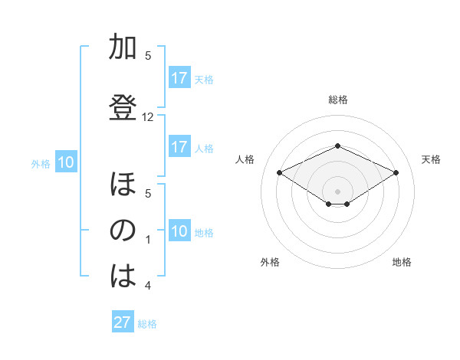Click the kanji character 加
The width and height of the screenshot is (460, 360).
click(x=122, y=47)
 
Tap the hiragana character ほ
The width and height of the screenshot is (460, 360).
click(x=122, y=186)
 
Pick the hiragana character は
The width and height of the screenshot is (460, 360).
click(x=122, y=277)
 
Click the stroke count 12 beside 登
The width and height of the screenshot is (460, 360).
click(x=148, y=117)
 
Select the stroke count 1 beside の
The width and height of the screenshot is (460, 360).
click(x=148, y=240)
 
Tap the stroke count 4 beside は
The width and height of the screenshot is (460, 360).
click(x=148, y=286)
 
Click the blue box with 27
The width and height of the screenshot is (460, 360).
click(x=123, y=322)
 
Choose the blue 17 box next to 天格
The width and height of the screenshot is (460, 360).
click(x=179, y=78)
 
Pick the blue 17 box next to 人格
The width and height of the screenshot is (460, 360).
click(x=179, y=147)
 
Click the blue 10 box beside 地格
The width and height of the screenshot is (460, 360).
click(x=179, y=231)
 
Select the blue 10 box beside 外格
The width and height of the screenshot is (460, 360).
click(x=66, y=162)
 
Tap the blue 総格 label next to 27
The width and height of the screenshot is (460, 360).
click(x=147, y=324)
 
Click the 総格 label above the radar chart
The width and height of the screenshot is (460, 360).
click(x=337, y=100)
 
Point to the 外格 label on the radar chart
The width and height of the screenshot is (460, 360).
click(x=270, y=262)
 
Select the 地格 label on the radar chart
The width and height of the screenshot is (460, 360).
click(x=402, y=262)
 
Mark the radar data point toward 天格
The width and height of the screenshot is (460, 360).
click(x=396, y=172)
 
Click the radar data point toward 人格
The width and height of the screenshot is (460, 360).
click(x=279, y=172)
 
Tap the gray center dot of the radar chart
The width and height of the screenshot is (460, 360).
click(x=337, y=190)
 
